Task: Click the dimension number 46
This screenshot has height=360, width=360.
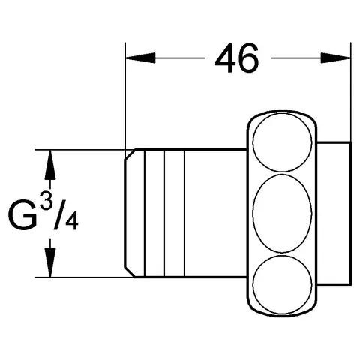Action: click(x=237, y=57)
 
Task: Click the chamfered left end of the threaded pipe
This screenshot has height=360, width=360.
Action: click(x=130, y=214)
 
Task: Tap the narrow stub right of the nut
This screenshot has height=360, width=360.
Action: click(x=336, y=214)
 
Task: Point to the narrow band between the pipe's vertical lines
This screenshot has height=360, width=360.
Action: click(x=172, y=214)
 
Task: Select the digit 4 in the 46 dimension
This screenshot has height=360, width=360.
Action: click(x=223, y=57)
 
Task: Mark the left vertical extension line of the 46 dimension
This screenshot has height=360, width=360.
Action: click(x=124, y=97)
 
